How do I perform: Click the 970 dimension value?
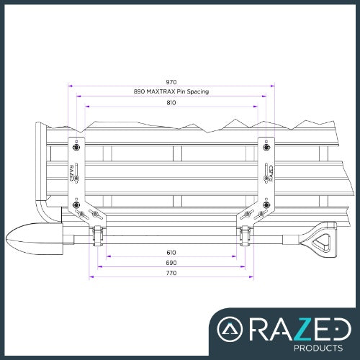[171, 83]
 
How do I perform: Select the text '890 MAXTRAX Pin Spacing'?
[171, 92]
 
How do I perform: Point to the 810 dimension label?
[171, 103]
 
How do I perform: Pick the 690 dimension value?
[171, 264]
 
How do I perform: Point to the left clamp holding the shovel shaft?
[96, 235]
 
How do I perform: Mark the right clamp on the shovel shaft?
[246, 235]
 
